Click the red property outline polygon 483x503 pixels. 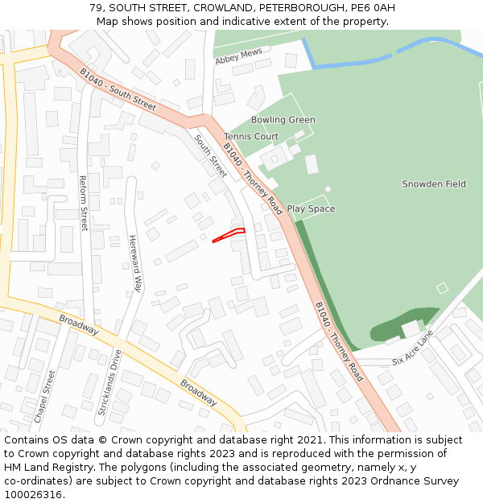[x=229, y=235]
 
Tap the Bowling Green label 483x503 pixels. [x=283, y=120]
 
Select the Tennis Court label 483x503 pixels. [x=251, y=137]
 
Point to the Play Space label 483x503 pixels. [x=311, y=209]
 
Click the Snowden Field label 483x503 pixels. [x=434, y=184]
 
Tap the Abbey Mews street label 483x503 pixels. [x=238, y=56]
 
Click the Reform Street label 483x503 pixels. [x=83, y=204]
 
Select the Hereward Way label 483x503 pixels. [x=135, y=263]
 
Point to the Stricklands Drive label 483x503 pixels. [x=109, y=382]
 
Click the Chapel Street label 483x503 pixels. [x=44, y=397]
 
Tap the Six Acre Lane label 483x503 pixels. [x=412, y=348]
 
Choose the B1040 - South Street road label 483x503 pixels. [x=118, y=89]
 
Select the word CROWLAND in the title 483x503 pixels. [x=225, y=8]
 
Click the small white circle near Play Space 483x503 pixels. [x=328, y=189]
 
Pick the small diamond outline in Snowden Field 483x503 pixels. [x=441, y=287]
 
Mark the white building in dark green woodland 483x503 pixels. [x=411, y=328]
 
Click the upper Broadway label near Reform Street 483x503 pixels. [x=79, y=324]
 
